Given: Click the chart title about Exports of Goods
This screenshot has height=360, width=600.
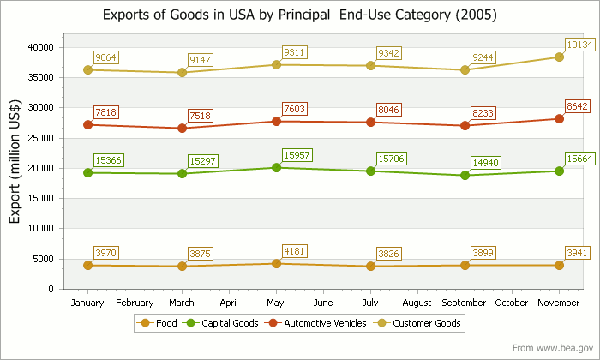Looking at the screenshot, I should click(x=299, y=15).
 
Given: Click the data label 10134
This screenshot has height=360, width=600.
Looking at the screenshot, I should click(x=579, y=45).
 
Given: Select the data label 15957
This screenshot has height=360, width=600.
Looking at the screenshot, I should click(x=296, y=156).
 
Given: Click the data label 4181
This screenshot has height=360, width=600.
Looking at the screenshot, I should click(x=296, y=251).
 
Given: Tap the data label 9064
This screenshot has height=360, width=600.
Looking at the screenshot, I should click(x=106, y=57).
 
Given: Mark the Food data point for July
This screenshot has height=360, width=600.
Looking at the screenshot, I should click(x=370, y=266).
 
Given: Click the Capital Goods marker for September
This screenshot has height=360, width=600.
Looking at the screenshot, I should click(x=465, y=175).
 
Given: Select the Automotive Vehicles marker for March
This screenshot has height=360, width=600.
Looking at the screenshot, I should click(x=182, y=128).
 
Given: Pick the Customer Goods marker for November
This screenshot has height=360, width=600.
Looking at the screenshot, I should click(x=559, y=57).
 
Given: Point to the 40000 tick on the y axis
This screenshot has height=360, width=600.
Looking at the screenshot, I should click(x=41, y=47).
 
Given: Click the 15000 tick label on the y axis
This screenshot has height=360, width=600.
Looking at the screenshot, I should click(x=41, y=198).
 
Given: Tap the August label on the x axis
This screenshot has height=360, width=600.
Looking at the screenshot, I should click(x=417, y=303).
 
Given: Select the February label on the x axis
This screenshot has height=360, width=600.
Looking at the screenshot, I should click(x=135, y=303).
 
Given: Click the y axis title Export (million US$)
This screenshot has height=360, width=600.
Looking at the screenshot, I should click(x=15, y=167).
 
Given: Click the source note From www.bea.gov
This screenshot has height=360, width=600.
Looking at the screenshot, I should click(x=552, y=348).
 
